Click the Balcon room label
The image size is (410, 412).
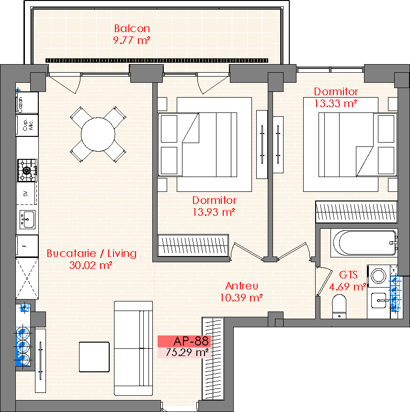[132, 28]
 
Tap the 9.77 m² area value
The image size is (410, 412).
[132, 40]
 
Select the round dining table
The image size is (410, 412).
[98, 134]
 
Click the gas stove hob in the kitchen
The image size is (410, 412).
[27, 170]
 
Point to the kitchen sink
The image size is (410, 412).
[27, 220]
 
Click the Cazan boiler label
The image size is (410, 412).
[20, 104]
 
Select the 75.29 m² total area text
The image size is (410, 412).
[187, 352]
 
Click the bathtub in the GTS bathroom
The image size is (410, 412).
[364, 243]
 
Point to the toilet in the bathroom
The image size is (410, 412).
[339, 306]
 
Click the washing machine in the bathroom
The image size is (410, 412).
[379, 276]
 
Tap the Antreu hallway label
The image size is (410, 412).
[242, 286]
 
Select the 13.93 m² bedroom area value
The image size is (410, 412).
[214, 212]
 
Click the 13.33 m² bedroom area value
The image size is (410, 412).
[336, 103]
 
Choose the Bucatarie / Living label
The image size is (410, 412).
[91, 253]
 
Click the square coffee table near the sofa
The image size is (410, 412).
[94, 357]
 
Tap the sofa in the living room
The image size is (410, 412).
[133, 348]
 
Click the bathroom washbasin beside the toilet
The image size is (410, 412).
[379, 301]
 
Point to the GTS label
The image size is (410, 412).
[348, 275]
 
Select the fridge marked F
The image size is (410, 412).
[27, 246]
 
